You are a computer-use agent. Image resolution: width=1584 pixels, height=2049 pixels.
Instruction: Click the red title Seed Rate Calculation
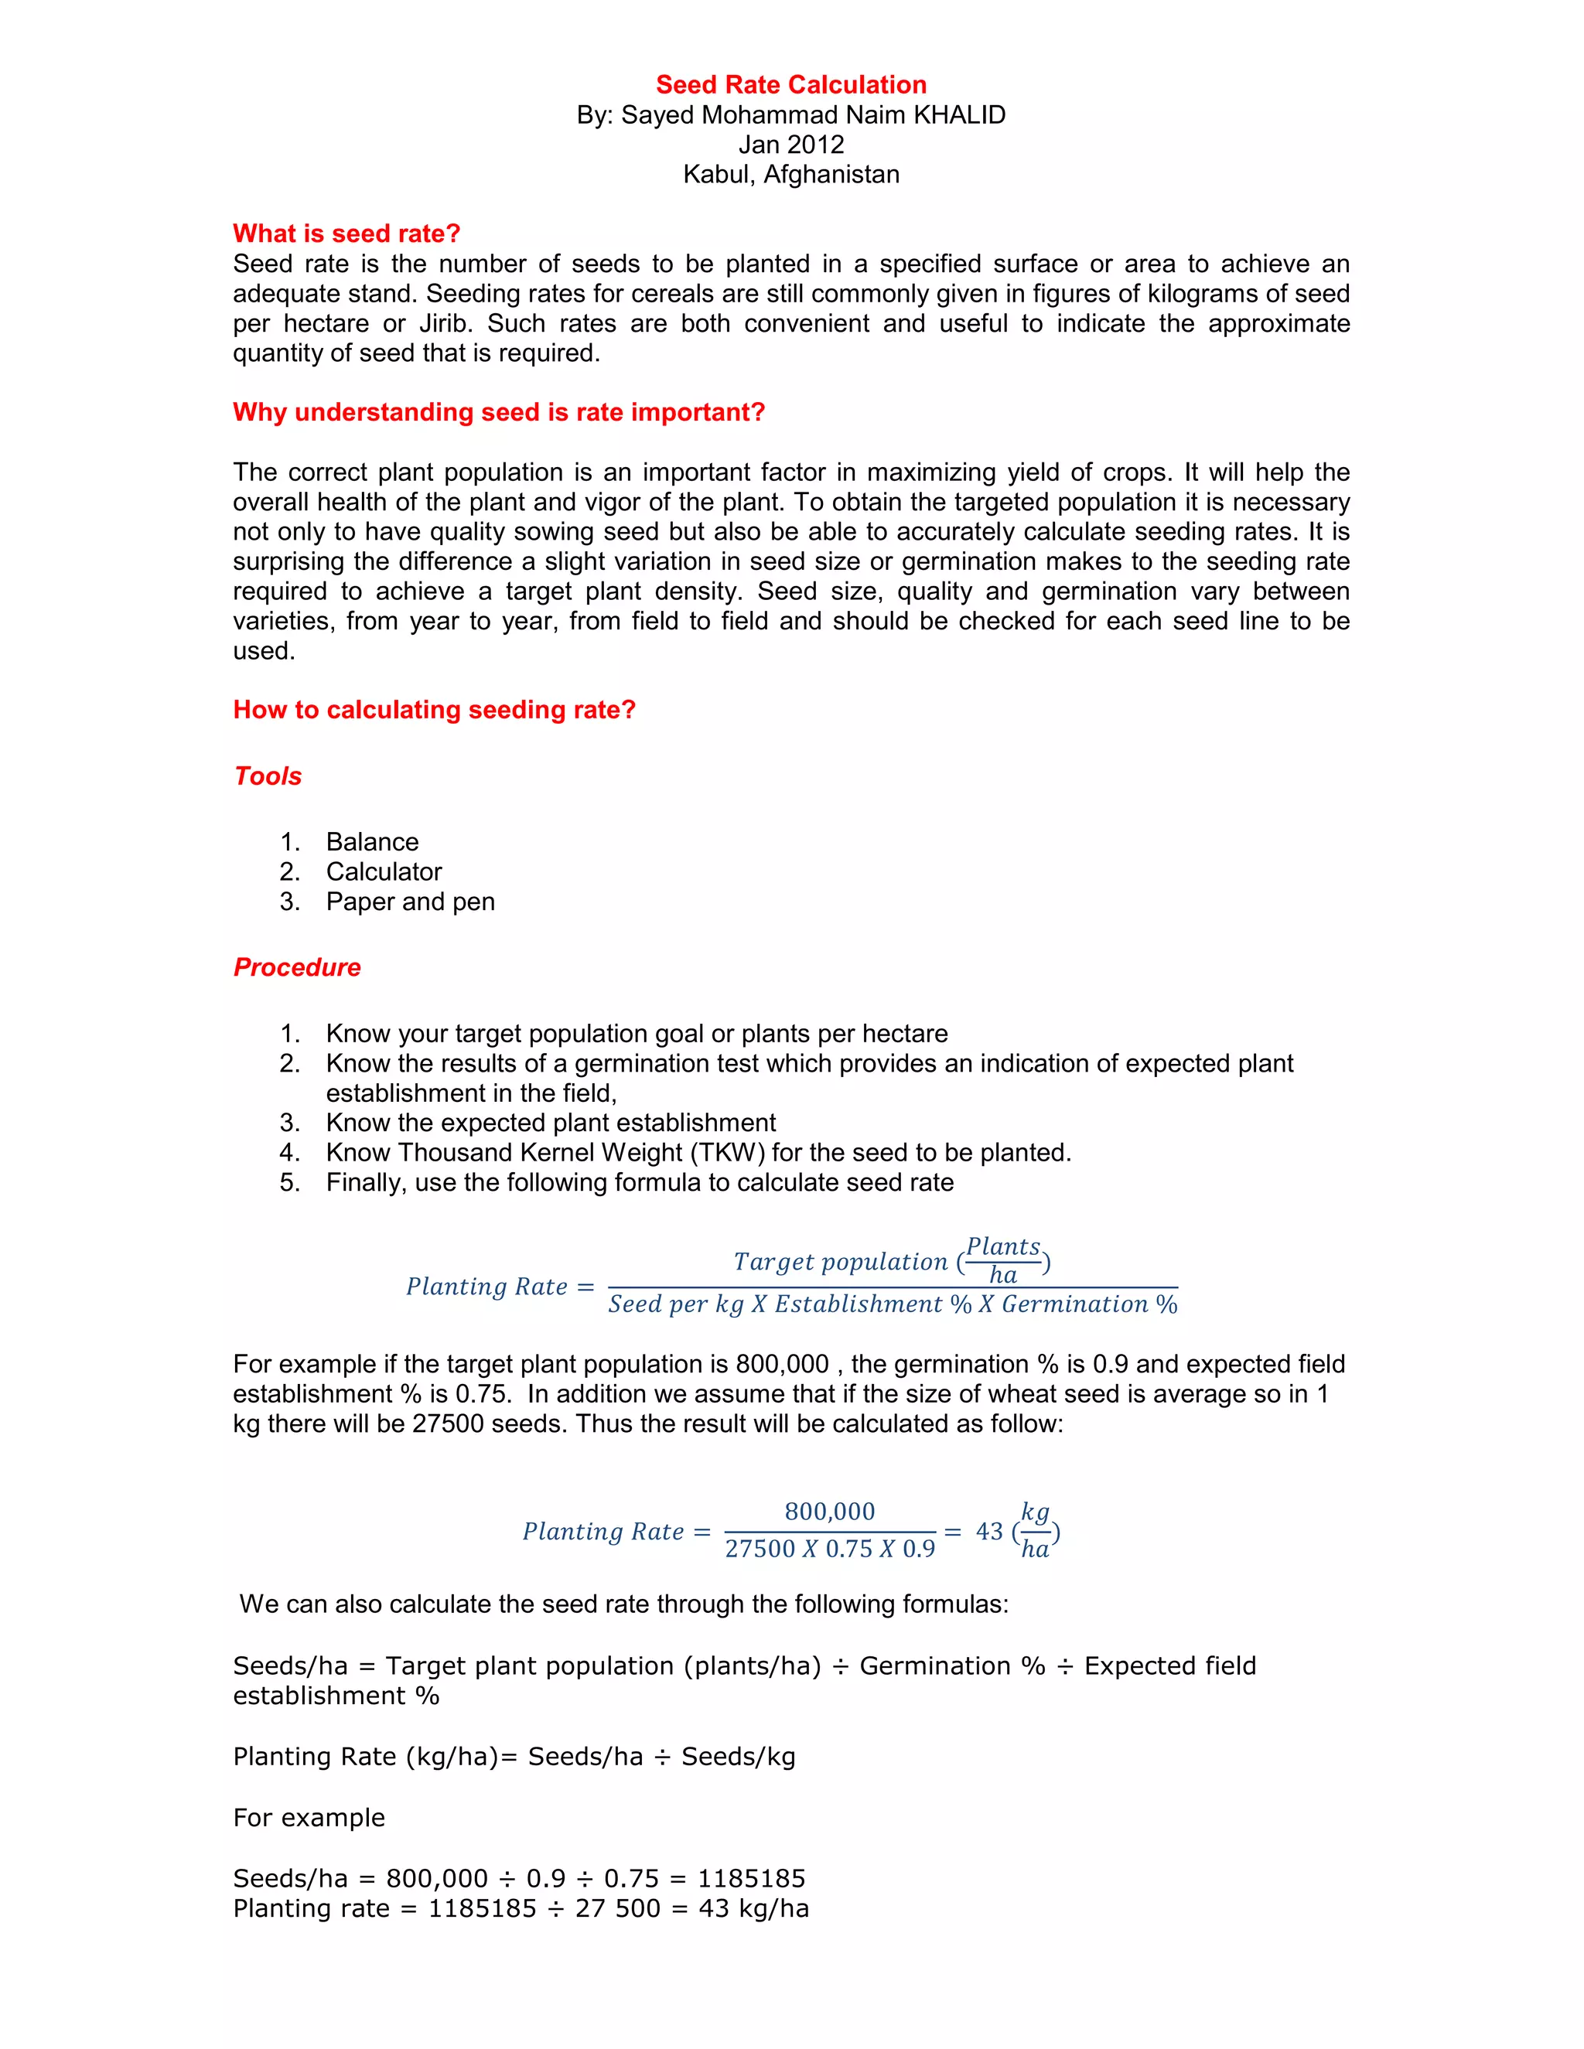point(791,84)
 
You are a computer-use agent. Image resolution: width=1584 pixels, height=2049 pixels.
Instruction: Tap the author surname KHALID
point(959,114)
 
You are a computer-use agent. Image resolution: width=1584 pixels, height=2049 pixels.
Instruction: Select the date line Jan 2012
point(791,145)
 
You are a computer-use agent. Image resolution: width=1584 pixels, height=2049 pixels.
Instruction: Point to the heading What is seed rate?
point(346,234)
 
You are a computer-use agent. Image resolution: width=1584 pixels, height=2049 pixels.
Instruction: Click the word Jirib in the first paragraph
point(445,324)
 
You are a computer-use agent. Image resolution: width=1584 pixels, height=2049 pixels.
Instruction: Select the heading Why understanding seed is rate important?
point(498,412)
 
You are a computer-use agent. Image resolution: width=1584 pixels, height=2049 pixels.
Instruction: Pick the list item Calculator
point(384,871)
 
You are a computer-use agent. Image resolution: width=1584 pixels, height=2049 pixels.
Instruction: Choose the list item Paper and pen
point(410,902)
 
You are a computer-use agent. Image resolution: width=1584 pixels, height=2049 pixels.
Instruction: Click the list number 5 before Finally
point(289,1182)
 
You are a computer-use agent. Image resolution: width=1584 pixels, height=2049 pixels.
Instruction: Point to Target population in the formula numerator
point(840,1262)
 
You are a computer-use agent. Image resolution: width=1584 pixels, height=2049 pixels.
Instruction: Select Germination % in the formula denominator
point(1088,1304)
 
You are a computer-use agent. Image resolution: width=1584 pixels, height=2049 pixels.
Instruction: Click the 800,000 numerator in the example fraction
point(830,1512)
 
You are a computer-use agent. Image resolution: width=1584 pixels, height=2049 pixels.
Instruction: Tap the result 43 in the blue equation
point(989,1531)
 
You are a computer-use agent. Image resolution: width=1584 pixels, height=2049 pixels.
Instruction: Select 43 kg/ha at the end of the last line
point(753,1908)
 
